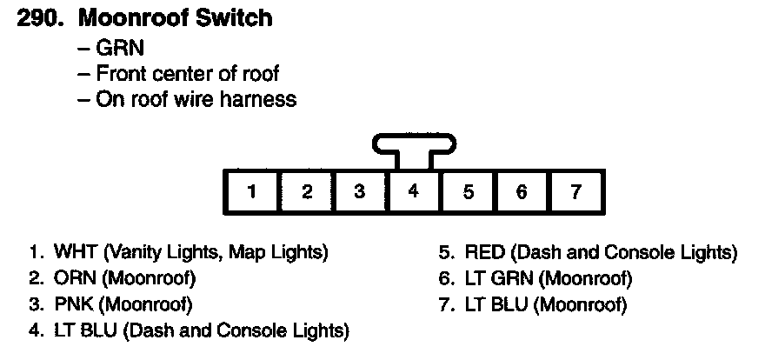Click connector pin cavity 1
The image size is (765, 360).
click(x=252, y=192)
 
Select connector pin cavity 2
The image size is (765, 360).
click(x=306, y=192)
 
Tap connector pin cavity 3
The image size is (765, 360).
click(x=360, y=192)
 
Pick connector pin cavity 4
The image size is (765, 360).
click(x=414, y=192)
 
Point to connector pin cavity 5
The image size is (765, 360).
click(x=468, y=192)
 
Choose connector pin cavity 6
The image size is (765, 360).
click(x=522, y=192)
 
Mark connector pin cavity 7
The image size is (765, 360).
click(x=575, y=192)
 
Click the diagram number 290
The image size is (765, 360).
click(x=39, y=18)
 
